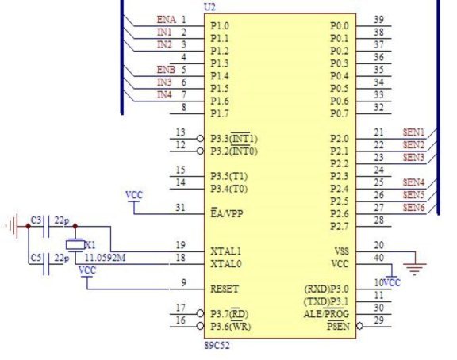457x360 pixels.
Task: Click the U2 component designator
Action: [209, 7]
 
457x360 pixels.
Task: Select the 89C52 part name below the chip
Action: [217, 346]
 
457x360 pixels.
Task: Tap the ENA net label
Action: [167, 20]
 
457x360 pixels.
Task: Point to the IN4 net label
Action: [165, 94]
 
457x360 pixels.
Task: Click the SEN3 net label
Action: [413, 157]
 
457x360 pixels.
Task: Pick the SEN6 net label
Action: [413, 208]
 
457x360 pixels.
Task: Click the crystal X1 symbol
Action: [75, 245]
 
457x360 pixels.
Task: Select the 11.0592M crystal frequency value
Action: [106, 258]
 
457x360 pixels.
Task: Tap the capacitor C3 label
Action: [36, 220]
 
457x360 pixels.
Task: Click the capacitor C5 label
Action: [36, 258]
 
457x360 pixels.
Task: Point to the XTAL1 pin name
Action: [226, 251]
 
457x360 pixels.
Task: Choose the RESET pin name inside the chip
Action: [225, 289]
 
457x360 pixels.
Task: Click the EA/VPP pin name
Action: [227, 213]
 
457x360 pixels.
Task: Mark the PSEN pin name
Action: [338, 326]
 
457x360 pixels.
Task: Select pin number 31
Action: [180, 208]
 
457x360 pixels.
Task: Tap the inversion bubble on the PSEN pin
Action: [359, 326]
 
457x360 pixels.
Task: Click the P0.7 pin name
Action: [340, 113]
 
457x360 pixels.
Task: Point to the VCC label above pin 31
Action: [134, 195]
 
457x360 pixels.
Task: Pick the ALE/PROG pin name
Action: [326, 313]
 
